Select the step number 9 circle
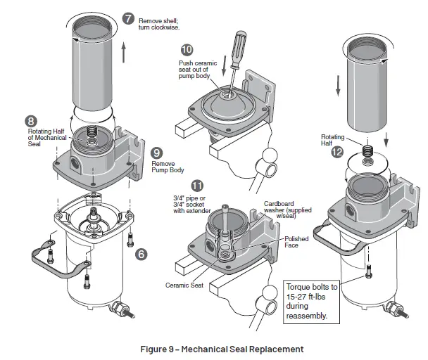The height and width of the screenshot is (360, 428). (x=157, y=153)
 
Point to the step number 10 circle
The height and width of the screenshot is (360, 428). (x=186, y=50)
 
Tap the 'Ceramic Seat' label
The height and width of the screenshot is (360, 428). (x=184, y=285)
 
